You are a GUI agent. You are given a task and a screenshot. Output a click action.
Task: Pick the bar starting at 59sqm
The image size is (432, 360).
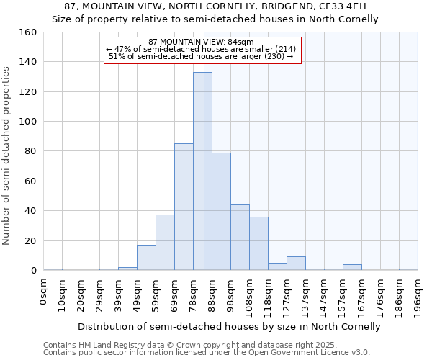[x=165, y=243]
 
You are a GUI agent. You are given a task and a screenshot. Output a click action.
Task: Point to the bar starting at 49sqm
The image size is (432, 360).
[x=146, y=258]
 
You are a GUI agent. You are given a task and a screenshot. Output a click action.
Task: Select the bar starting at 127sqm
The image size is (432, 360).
[x=296, y=264]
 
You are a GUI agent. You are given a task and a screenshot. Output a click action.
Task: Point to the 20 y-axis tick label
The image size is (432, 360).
[x=30, y=240]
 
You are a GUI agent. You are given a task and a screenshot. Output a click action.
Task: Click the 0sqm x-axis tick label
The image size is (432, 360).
[x=44, y=292]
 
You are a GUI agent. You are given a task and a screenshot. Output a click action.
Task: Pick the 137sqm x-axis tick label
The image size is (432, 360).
[x=306, y=295]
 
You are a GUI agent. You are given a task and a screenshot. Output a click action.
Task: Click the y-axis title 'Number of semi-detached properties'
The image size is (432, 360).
[x=7, y=153]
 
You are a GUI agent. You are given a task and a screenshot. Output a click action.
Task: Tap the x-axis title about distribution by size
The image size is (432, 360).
[x=228, y=326]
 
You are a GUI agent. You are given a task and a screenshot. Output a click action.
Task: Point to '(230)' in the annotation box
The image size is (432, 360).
[x=273, y=56]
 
